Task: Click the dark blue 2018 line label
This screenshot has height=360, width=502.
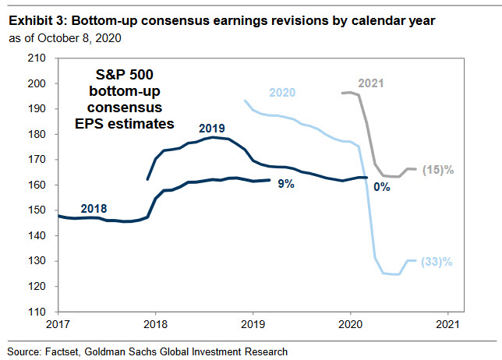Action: point(94,209)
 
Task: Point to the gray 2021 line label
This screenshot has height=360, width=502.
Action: point(372,82)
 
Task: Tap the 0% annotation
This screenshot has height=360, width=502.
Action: point(381,186)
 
